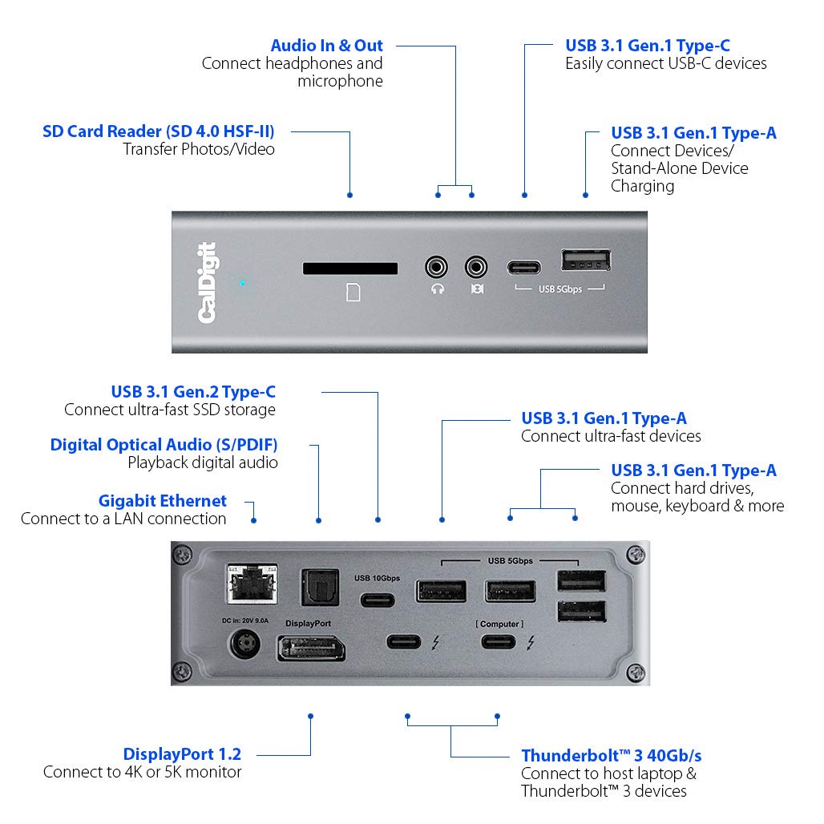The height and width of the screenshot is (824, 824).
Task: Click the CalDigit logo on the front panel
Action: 208,282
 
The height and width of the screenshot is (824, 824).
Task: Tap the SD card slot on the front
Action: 350,267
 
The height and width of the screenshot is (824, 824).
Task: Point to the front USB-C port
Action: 525,267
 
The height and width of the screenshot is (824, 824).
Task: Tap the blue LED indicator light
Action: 241,283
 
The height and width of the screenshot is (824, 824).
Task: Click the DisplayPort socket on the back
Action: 311,647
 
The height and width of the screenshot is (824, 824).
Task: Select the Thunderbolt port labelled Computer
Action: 499,641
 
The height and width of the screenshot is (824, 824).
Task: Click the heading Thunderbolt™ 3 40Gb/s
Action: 612,755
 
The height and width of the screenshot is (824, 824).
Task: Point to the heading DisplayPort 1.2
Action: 182,753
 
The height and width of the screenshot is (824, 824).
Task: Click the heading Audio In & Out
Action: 326,46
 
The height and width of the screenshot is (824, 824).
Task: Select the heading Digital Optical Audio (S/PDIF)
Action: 164,444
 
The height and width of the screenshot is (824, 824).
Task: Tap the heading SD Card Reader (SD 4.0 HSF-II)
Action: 158,131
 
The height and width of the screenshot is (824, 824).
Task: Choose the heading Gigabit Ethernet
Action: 163,500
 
